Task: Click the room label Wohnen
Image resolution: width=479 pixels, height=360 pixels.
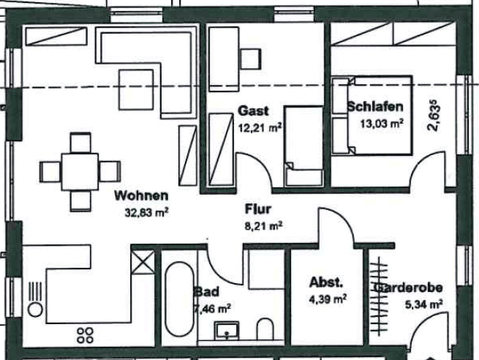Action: pos(141,195)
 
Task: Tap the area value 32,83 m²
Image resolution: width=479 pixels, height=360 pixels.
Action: pos(147,212)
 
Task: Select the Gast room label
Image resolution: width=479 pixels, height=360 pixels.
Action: pos(253,110)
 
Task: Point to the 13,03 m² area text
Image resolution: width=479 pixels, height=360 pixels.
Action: pos(382,124)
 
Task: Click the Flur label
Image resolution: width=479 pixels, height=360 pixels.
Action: pos(258,209)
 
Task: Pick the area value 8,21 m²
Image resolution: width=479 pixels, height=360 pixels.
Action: pos(264,226)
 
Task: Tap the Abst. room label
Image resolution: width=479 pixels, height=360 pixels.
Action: pos(326,282)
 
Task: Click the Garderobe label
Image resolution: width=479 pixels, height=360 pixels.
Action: pos(408,288)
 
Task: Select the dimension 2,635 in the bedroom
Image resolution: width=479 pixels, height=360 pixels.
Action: pos(434,115)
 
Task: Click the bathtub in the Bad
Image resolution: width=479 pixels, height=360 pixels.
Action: pos(179,299)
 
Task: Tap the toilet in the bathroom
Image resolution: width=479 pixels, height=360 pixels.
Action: pos(265,329)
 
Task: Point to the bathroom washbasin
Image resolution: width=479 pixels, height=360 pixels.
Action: pos(227,331)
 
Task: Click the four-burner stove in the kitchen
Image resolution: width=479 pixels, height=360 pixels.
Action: pos(86,335)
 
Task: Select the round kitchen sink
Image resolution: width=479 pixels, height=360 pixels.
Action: pos(35,310)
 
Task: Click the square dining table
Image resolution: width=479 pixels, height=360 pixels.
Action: pos(80,172)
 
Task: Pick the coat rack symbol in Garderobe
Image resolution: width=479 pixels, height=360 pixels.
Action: pos(379,296)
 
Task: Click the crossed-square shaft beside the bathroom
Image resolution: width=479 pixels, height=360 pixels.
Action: pos(143,262)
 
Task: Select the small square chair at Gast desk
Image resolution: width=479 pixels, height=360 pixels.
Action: pos(251,59)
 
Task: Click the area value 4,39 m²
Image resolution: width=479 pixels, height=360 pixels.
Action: pos(328,299)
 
